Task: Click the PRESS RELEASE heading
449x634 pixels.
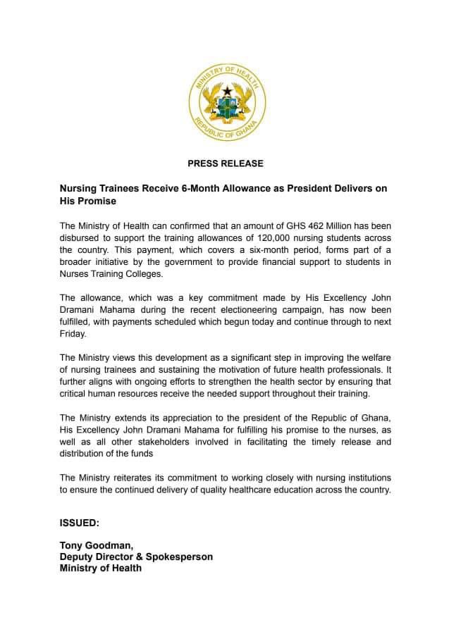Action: click(226, 163)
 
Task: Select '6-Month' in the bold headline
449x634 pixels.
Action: click(212, 189)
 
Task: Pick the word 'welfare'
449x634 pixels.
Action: click(369, 358)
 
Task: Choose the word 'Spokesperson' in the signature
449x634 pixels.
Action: click(180, 557)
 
